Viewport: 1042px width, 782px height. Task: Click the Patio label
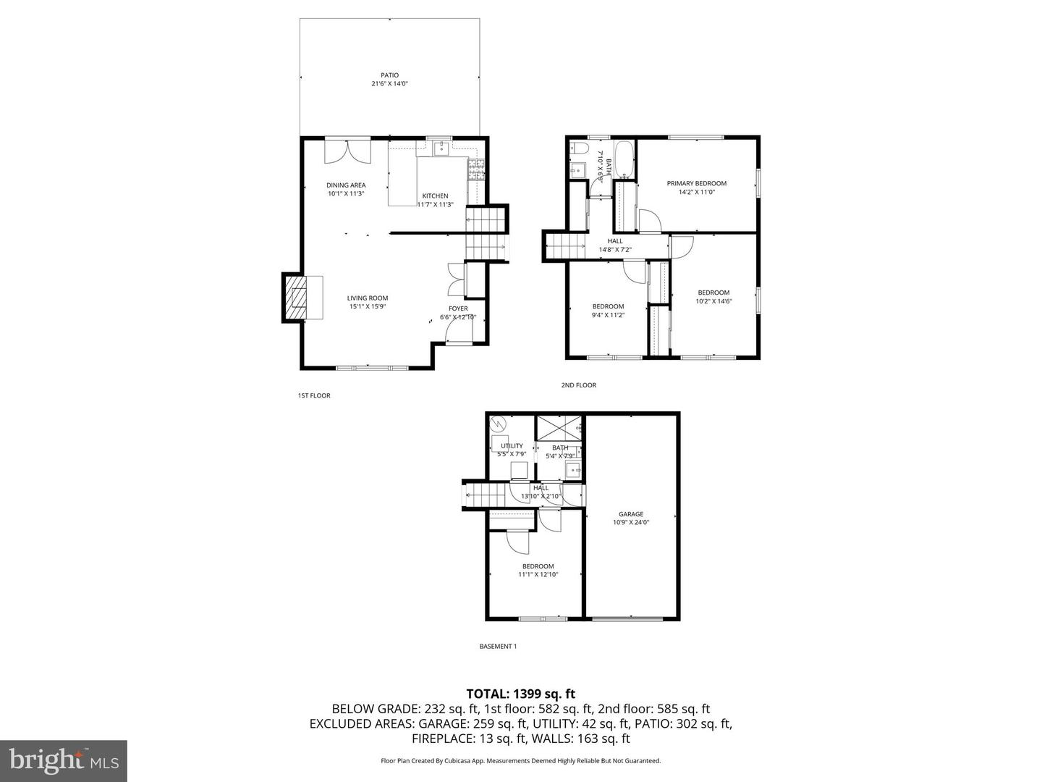pos(389,75)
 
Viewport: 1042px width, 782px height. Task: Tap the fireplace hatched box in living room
pos(296,297)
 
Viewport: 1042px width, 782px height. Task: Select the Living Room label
pos(368,298)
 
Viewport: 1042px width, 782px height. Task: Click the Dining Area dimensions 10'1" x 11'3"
pos(346,194)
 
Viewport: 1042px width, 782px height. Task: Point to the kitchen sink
pos(441,148)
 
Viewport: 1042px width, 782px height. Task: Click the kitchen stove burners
pos(475,169)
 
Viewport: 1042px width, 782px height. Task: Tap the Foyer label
pos(458,308)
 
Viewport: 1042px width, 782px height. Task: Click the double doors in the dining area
pos(347,151)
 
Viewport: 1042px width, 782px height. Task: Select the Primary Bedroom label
pos(696,183)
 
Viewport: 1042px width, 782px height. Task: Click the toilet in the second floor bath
pos(577,150)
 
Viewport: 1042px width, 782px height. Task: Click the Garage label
pos(631,514)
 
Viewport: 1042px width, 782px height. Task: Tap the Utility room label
pos(512,446)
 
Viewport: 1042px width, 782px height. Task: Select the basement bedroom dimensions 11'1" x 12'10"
pos(538,574)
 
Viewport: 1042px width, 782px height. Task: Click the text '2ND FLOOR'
pos(579,385)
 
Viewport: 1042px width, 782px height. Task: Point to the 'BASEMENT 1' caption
pos(498,647)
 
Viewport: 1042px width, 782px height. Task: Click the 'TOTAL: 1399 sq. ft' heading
pos(520,694)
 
